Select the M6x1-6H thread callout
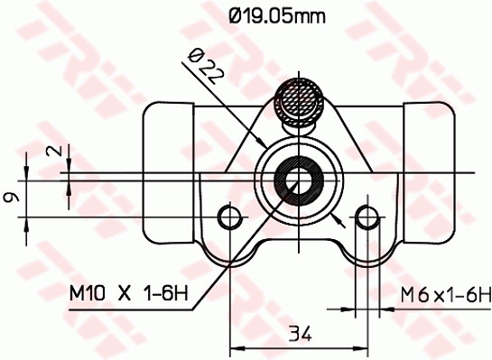click(445, 294)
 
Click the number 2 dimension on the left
click(60, 152)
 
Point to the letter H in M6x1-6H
click(483, 294)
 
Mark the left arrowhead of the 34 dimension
click(237, 346)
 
